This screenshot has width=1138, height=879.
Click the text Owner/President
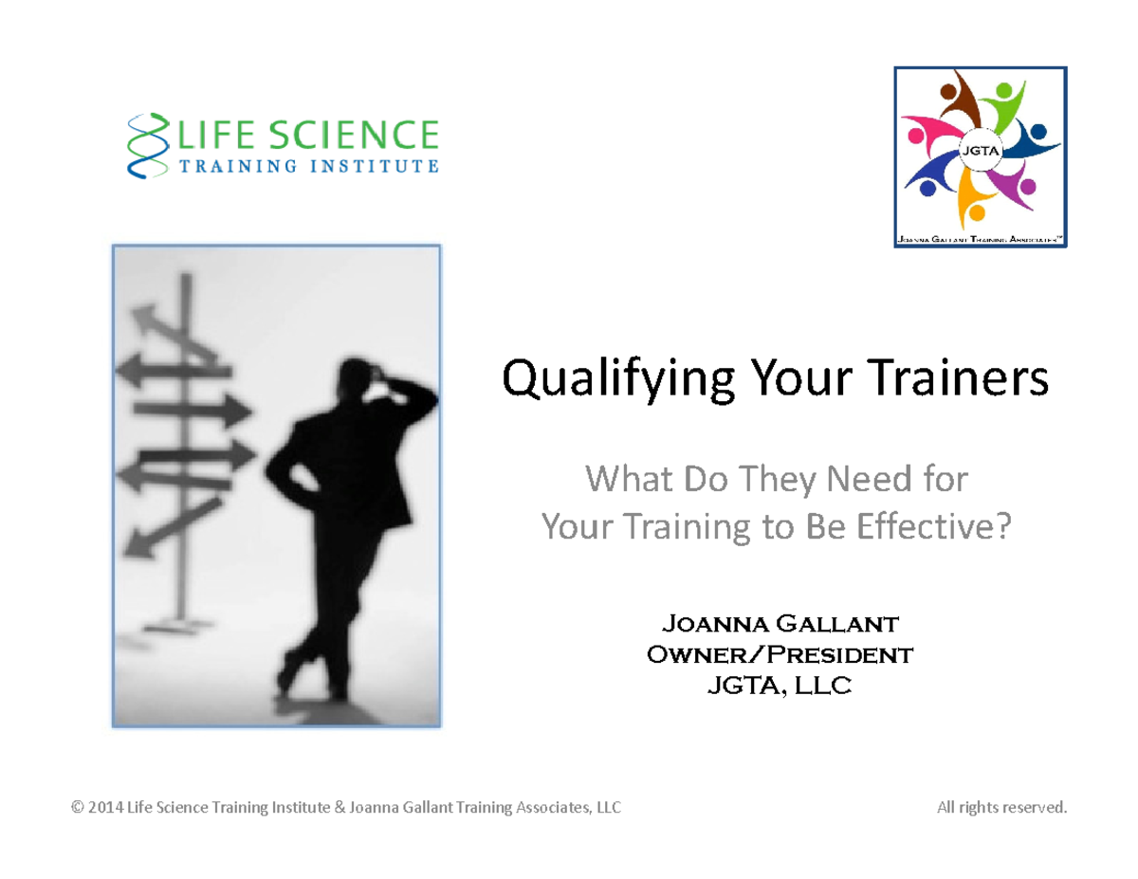779,654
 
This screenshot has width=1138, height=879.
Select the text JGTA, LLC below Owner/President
779,685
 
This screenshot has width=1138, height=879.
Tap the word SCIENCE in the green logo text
361,136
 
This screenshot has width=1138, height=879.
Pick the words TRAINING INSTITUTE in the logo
303,168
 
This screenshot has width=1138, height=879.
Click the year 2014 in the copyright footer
105,808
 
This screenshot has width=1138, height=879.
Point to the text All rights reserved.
1000,808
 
